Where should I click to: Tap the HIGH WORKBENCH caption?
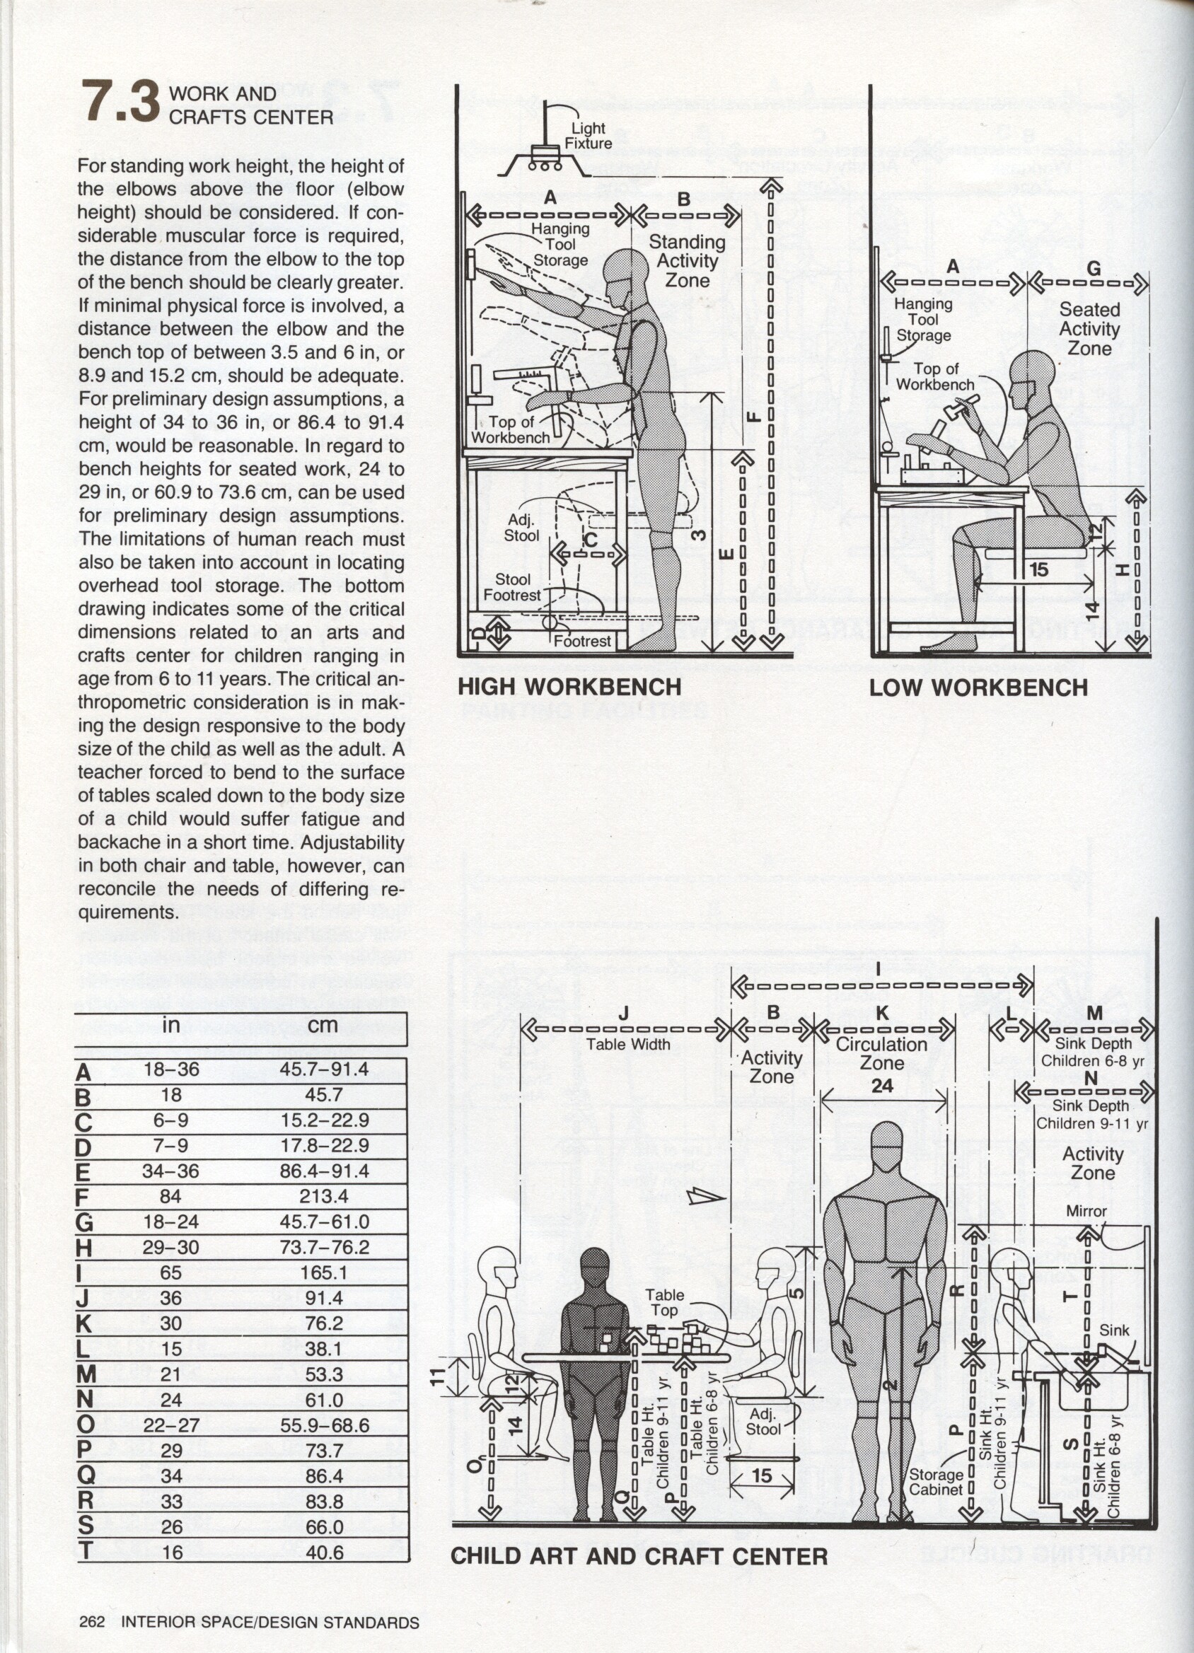pyautogui.click(x=569, y=687)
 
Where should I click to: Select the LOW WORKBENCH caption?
pyautogui.click(x=978, y=688)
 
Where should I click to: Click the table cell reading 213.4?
pyautogui.click(x=323, y=1197)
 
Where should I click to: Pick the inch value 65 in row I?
pyautogui.click(x=170, y=1272)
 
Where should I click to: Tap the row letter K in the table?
pyautogui.click(x=84, y=1323)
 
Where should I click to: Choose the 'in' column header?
pyautogui.click(x=170, y=1025)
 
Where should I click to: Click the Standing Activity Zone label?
pyautogui.click(x=687, y=261)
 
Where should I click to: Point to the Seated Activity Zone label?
pyautogui.click(x=1089, y=329)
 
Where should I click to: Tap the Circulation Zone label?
pyautogui.click(x=881, y=1053)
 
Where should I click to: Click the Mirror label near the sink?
pyautogui.click(x=1086, y=1212)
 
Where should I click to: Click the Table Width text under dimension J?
pyautogui.click(x=628, y=1045)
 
